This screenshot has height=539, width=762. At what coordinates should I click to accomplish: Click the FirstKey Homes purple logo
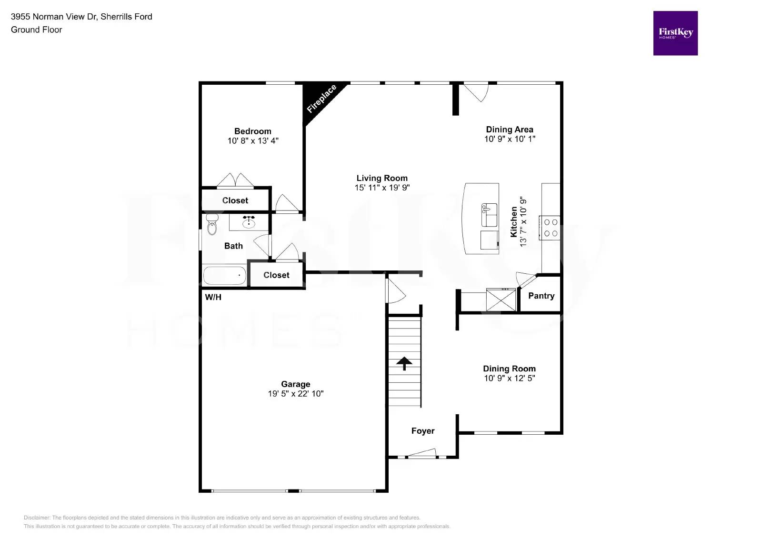click(x=675, y=33)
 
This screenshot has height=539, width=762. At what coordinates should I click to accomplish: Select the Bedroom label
click(x=252, y=131)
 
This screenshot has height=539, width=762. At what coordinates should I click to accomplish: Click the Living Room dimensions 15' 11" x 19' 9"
click(x=382, y=188)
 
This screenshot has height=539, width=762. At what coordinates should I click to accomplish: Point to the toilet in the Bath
click(x=212, y=225)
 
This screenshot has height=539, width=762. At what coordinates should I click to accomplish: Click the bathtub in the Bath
click(x=224, y=275)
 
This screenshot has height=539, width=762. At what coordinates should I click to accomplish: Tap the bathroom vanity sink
click(x=249, y=221)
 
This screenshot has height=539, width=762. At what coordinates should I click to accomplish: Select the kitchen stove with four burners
click(x=550, y=228)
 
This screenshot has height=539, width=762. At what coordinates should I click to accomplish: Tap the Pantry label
click(x=541, y=296)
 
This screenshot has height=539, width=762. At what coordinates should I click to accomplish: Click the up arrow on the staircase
click(x=404, y=363)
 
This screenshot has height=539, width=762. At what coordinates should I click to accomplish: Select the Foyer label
click(x=423, y=431)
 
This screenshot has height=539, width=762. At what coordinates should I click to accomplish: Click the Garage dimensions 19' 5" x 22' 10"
click(x=295, y=394)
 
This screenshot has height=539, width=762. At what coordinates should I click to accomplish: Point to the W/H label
click(x=213, y=298)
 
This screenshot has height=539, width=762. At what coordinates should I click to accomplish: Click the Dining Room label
click(x=509, y=369)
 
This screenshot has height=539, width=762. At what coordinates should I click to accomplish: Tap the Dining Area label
click(x=509, y=130)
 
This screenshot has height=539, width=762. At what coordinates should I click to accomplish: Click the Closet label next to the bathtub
click(x=276, y=275)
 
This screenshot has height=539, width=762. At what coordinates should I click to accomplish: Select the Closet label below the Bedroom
click(x=235, y=200)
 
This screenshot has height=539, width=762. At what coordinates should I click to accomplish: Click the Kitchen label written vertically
click(x=514, y=222)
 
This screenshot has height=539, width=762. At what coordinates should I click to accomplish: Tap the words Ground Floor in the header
click(x=37, y=30)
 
